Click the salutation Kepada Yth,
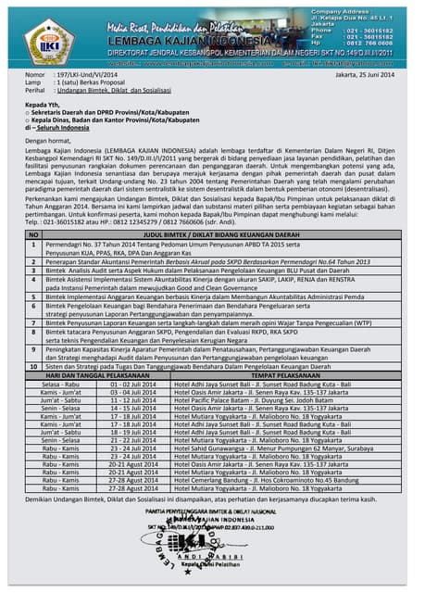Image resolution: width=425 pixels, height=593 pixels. (x=44, y=107)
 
